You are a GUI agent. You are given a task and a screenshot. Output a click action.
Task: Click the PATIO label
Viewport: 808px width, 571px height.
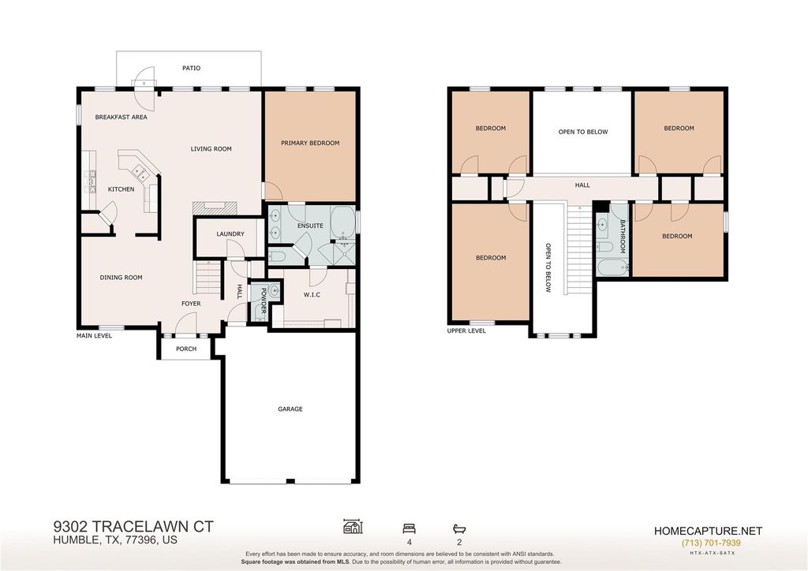191,68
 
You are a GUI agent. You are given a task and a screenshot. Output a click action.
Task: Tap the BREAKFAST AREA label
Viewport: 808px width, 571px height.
121,117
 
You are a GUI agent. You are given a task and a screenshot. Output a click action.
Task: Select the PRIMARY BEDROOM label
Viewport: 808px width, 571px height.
310,143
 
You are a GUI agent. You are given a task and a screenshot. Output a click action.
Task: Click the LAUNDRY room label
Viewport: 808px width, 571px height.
230,233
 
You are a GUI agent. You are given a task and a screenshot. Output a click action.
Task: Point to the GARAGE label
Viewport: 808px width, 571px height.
290,409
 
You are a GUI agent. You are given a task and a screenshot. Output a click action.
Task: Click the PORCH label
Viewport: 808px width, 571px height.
186,349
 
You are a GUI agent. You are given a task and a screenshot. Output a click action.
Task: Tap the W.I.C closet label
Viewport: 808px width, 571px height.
312,294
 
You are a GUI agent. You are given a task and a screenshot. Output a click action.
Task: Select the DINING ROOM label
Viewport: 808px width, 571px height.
121,278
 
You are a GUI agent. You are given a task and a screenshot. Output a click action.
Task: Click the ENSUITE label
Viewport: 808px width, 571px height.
310,226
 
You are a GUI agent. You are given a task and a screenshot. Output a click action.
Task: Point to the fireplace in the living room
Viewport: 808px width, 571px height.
215,207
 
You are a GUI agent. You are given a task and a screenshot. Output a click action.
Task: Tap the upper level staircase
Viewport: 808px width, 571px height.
579,249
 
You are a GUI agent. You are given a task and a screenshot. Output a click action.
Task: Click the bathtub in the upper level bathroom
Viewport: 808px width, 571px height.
612,267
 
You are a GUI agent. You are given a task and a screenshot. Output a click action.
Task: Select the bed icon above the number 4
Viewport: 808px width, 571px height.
410,528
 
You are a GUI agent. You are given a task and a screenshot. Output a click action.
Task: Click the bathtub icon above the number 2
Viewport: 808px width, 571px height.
459,528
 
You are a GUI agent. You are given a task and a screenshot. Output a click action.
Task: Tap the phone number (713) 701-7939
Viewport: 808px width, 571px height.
711,543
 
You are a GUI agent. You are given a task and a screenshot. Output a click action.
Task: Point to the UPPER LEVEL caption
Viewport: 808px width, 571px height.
466,330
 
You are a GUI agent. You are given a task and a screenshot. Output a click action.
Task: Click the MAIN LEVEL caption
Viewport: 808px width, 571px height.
95,336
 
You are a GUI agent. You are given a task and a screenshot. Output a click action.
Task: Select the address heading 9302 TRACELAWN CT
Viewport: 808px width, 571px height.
133,527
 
